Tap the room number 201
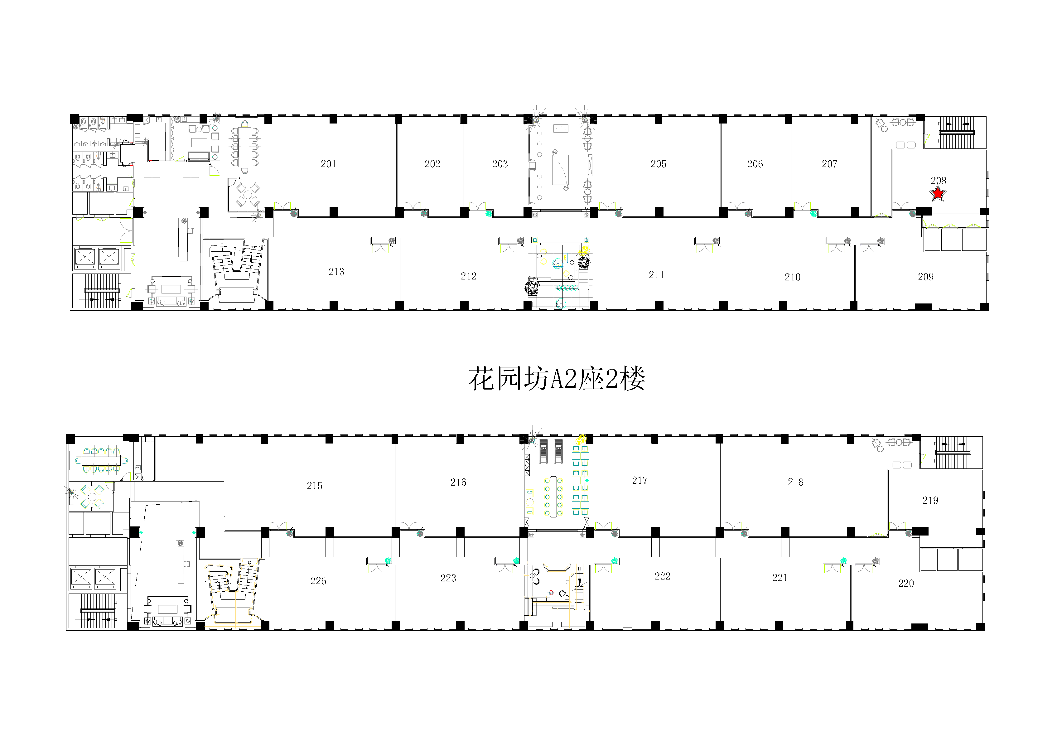[328, 164]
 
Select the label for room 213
[336, 272]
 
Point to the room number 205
[658, 164]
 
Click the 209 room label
[925, 277]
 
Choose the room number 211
[656, 275]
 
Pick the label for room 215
[314, 486]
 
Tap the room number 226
[318, 581]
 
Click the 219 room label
[930, 500]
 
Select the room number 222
[663, 576]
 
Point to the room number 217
[640, 480]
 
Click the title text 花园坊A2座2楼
[557, 379]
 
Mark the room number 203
[500, 164]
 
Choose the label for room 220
[906, 584]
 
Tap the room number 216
[458, 482]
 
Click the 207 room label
[830, 164]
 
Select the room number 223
[448, 578]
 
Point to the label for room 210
[792, 277]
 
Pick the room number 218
[795, 482]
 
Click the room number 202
[432, 164]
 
